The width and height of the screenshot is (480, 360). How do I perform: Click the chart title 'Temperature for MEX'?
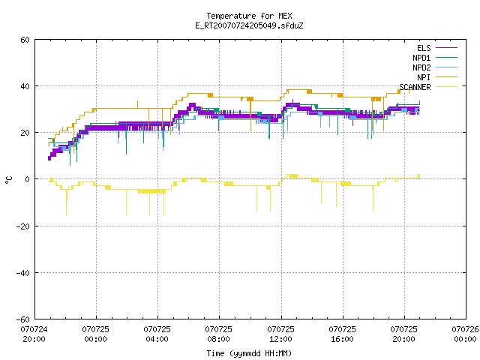pos(249,16)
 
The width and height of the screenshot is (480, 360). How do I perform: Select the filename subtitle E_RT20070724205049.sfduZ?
pos(249,25)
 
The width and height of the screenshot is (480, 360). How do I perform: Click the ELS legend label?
pos(424,48)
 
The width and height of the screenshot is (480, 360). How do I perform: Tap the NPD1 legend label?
pos(421,58)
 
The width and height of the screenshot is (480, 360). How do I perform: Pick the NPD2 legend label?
pos(421,67)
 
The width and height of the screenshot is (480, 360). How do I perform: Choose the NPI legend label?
pos(424,77)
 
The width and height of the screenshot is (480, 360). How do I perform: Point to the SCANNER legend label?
pos(415,87)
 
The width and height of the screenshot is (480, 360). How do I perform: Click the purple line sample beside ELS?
pos(446,48)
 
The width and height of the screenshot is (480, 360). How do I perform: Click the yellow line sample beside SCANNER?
pos(446,87)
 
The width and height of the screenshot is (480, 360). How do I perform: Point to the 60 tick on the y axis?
pos(25,40)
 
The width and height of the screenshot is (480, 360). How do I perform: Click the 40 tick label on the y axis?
pos(25,86)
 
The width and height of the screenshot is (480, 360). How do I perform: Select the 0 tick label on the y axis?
pos(28,179)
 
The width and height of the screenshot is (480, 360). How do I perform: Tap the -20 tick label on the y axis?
pos(23,226)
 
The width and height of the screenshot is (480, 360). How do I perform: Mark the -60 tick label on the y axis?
pos(23,319)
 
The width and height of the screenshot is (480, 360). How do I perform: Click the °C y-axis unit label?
pos(8,180)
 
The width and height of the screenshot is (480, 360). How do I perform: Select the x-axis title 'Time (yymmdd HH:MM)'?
pos(249,353)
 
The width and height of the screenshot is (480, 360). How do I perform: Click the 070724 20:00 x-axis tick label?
pos(34,334)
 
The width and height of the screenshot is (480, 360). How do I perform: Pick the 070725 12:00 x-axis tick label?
pos(280,334)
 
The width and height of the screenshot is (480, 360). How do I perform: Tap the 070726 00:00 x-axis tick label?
pos(465,334)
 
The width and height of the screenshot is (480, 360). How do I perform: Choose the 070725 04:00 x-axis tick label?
pos(157,334)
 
